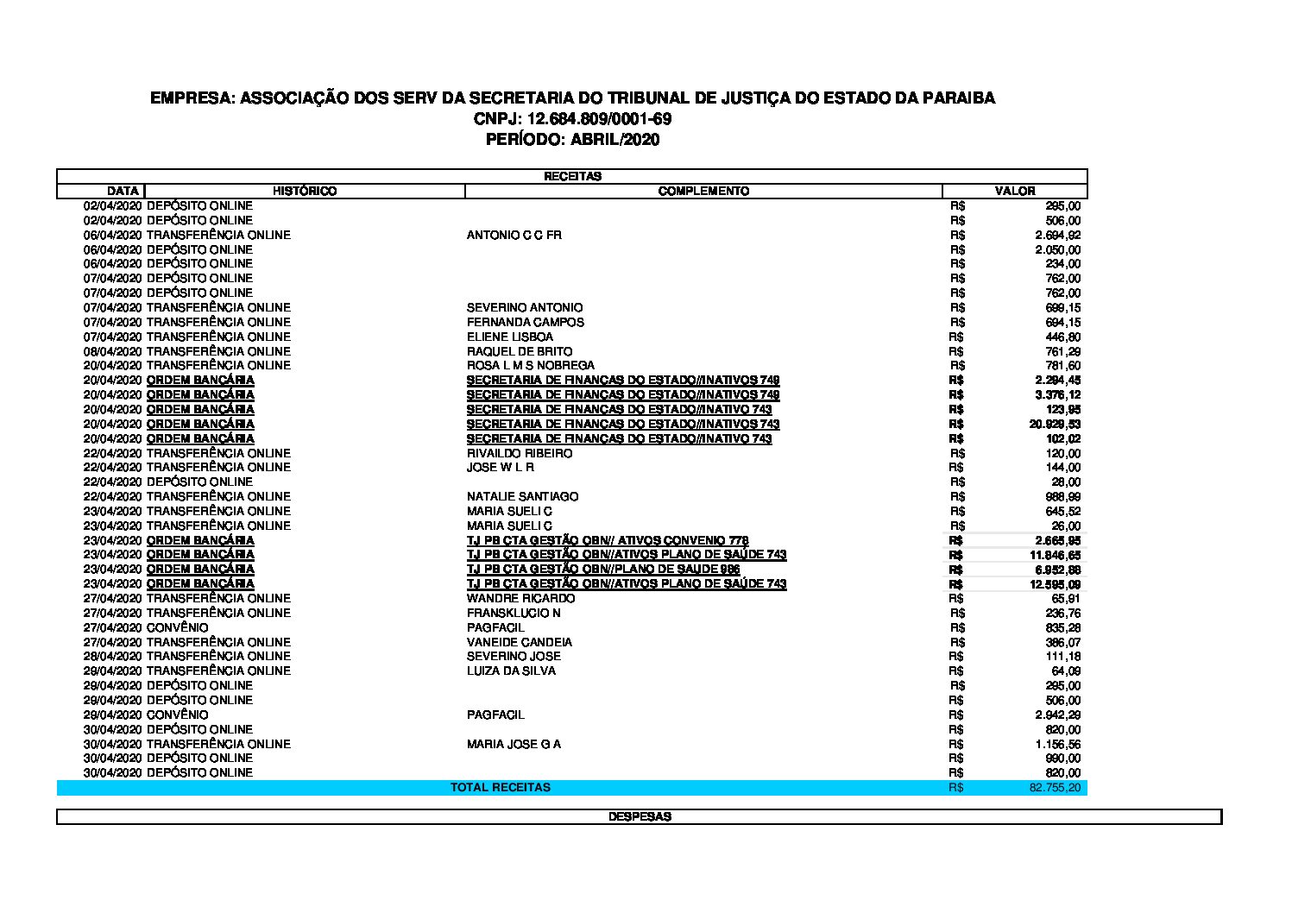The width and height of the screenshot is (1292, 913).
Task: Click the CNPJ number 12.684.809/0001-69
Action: (599, 119)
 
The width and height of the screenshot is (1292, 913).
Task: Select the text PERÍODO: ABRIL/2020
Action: (572, 140)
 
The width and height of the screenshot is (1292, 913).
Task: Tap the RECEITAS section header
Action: (572, 176)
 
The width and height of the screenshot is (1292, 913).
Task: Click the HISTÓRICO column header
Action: (305, 191)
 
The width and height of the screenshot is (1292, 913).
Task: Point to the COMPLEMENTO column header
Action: (703, 191)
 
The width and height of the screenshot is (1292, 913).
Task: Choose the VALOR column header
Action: (1015, 191)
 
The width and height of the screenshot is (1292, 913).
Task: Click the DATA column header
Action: (123, 191)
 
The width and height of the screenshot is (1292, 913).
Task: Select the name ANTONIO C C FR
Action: (514, 235)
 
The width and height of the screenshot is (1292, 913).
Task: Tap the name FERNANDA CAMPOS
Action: (526, 322)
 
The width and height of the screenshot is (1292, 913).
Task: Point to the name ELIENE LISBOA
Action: (510, 337)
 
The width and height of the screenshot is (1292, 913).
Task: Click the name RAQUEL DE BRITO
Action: (520, 351)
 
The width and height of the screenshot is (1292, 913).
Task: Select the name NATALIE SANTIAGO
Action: (523, 496)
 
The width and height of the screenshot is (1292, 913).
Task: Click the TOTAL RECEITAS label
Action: (501, 787)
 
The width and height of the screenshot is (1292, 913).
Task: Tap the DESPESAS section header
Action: (640, 816)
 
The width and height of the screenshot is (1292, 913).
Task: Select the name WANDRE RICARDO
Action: (520, 598)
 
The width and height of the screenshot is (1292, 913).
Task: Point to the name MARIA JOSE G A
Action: (514, 744)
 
